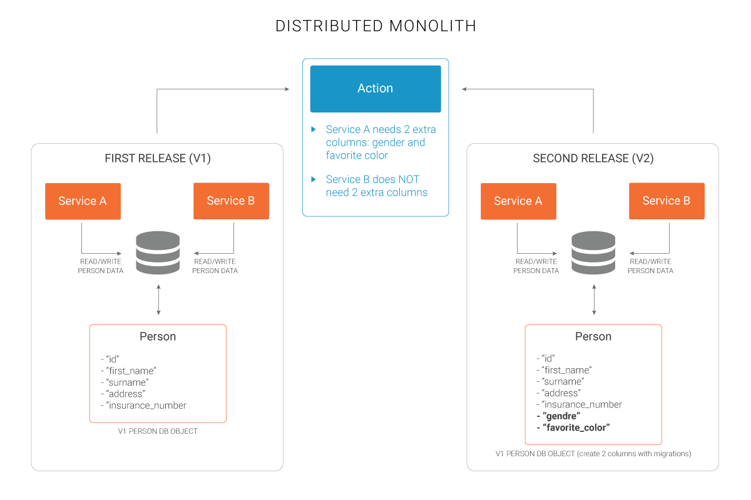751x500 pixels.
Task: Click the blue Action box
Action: pos(375,89)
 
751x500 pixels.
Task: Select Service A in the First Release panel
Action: pos(83,201)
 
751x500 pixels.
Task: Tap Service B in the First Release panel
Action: pos(231,201)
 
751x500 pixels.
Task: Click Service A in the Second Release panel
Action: pos(518,201)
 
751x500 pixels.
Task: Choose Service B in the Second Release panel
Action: pos(667,201)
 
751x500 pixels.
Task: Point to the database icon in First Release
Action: pos(158,252)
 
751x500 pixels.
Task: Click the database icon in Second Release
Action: pos(593,252)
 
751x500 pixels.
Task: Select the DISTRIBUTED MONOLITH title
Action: pos(375,26)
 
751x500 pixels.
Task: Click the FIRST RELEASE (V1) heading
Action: pos(158,159)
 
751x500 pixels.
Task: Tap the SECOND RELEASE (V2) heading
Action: pos(593,159)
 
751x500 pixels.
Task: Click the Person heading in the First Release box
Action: pos(158,336)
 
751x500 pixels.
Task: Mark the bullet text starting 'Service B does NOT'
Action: pos(376,186)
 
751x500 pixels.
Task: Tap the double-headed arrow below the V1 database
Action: pos(158,299)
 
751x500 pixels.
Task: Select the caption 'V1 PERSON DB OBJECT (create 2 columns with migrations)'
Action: pos(593,454)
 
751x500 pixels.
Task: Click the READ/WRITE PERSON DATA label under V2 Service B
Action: pos(651,266)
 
